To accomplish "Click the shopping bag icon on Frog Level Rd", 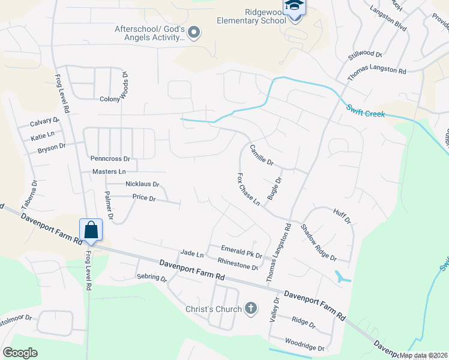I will pyautogui.click(x=91, y=230).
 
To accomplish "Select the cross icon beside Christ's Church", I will pyautogui.click(x=251, y=309).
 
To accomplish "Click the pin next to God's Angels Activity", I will pyautogui.click(x=193, y=32).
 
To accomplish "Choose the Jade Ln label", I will pyautogui.click(x=192, y=254).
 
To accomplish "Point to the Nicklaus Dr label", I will pyautogui.click(x=142, y=184).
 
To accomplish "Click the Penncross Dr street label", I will pyautogui.click(x=110, y=159).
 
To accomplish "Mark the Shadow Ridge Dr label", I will pyautogui.click(x=318, y=242).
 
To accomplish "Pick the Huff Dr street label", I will pyautogui.click(x=341, y=217).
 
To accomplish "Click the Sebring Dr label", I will pyautogui.click(x=151, y=278).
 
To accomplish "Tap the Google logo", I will pyautogui.click(x=20, y=353).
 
